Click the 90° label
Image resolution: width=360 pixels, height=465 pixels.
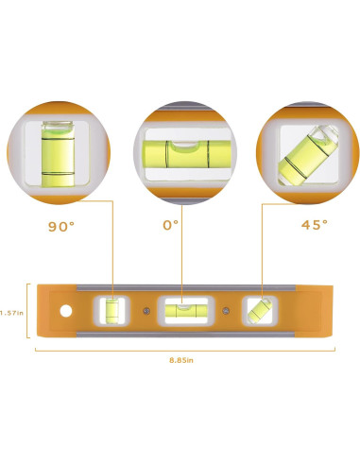(x=61, y=226)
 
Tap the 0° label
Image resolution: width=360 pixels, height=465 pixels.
(x=170, y=225)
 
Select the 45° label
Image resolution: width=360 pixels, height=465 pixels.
(x=315, y=224)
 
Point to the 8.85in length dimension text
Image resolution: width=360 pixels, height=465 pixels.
(x=181, y=360)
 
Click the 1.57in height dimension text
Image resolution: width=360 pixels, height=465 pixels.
(x=11, y=313)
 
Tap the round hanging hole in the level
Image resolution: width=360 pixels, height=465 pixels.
(x=66, y=311)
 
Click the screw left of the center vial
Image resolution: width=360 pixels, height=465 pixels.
(x=146, y=311)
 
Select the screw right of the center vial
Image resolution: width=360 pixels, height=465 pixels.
(x=226, y=311)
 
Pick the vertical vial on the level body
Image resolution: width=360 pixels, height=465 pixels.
(x=112, y=311)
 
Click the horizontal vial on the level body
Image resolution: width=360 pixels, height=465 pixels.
(x=186, y=311)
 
